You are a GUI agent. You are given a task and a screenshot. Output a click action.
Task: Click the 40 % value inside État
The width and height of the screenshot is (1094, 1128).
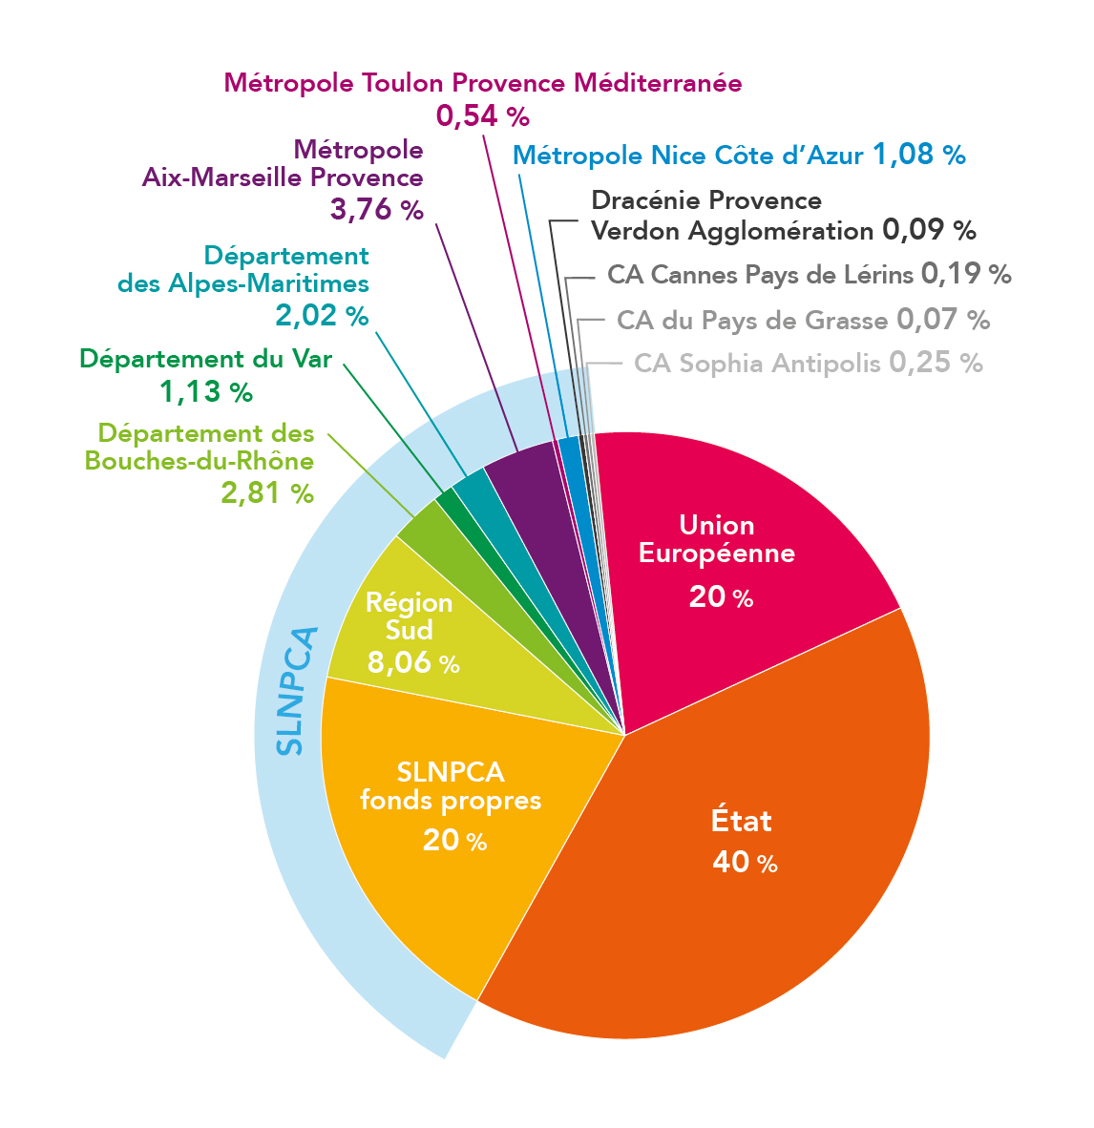(745, 863)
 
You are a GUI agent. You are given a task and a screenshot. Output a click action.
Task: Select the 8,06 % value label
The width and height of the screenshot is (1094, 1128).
(413, 661)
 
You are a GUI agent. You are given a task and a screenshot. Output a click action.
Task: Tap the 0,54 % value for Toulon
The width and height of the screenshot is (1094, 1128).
(482, 116)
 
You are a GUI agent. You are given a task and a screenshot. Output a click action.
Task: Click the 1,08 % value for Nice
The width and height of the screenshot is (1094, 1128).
(918, 155)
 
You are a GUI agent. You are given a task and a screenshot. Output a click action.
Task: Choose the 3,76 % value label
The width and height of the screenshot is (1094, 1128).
(376, 210)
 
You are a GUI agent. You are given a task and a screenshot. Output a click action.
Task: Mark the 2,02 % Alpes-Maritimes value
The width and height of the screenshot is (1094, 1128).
(321, 315)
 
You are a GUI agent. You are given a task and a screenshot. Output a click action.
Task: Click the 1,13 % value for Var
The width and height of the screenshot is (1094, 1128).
(205, 391)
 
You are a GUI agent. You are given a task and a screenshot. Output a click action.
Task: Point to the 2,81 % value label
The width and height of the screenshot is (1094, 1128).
(266, 492)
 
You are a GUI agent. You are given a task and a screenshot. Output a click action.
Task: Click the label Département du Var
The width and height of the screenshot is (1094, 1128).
(205, 359)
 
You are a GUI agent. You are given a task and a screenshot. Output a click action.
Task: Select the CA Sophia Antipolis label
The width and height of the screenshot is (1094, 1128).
(757, 364)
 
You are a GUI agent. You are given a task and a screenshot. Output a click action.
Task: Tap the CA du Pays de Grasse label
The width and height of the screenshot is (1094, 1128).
(752, 320)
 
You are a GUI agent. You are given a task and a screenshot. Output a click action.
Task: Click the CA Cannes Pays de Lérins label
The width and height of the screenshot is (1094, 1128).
(760, 275)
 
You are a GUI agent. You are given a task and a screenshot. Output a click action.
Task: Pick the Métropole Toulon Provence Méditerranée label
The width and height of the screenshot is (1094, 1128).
(482, 83)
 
